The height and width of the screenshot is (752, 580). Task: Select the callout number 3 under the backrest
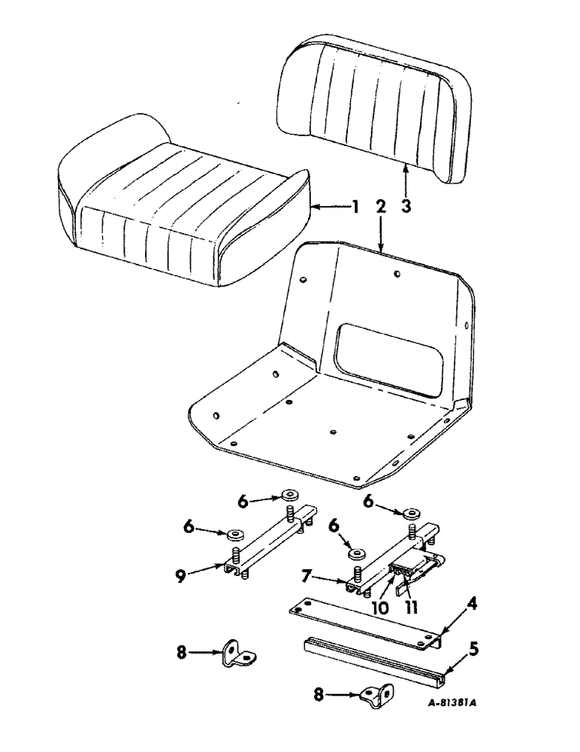tap(406, 205)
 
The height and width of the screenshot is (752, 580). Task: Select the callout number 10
tap(380, 607)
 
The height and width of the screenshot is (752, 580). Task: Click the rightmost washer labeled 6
tap(409, 514)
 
